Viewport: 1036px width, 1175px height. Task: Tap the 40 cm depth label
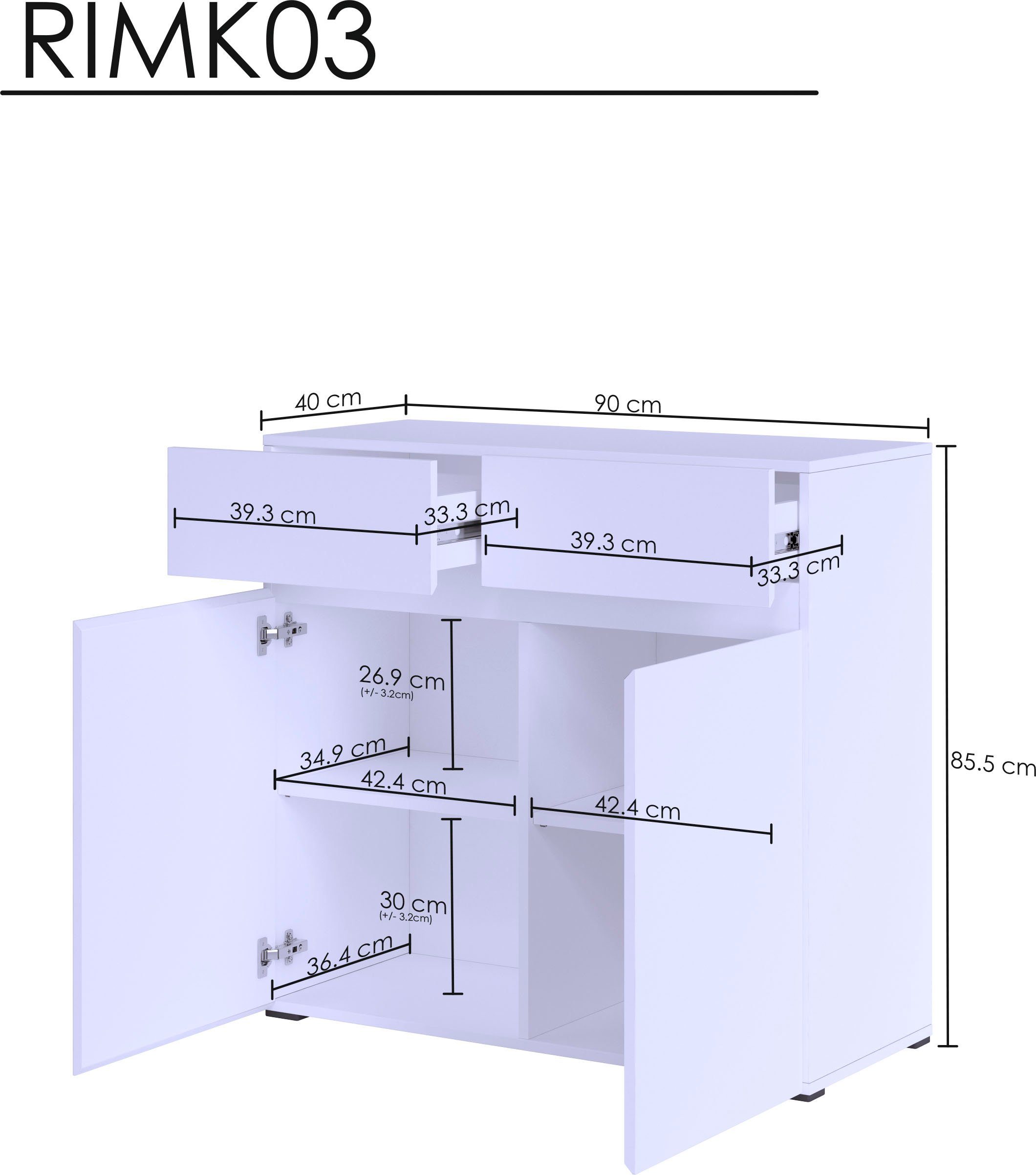pos(328,400)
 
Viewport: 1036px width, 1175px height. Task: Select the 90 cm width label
pos(627,404)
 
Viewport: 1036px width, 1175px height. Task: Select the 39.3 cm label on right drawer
pos(613,543)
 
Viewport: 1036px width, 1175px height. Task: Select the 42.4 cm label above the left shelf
pos(403,783)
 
